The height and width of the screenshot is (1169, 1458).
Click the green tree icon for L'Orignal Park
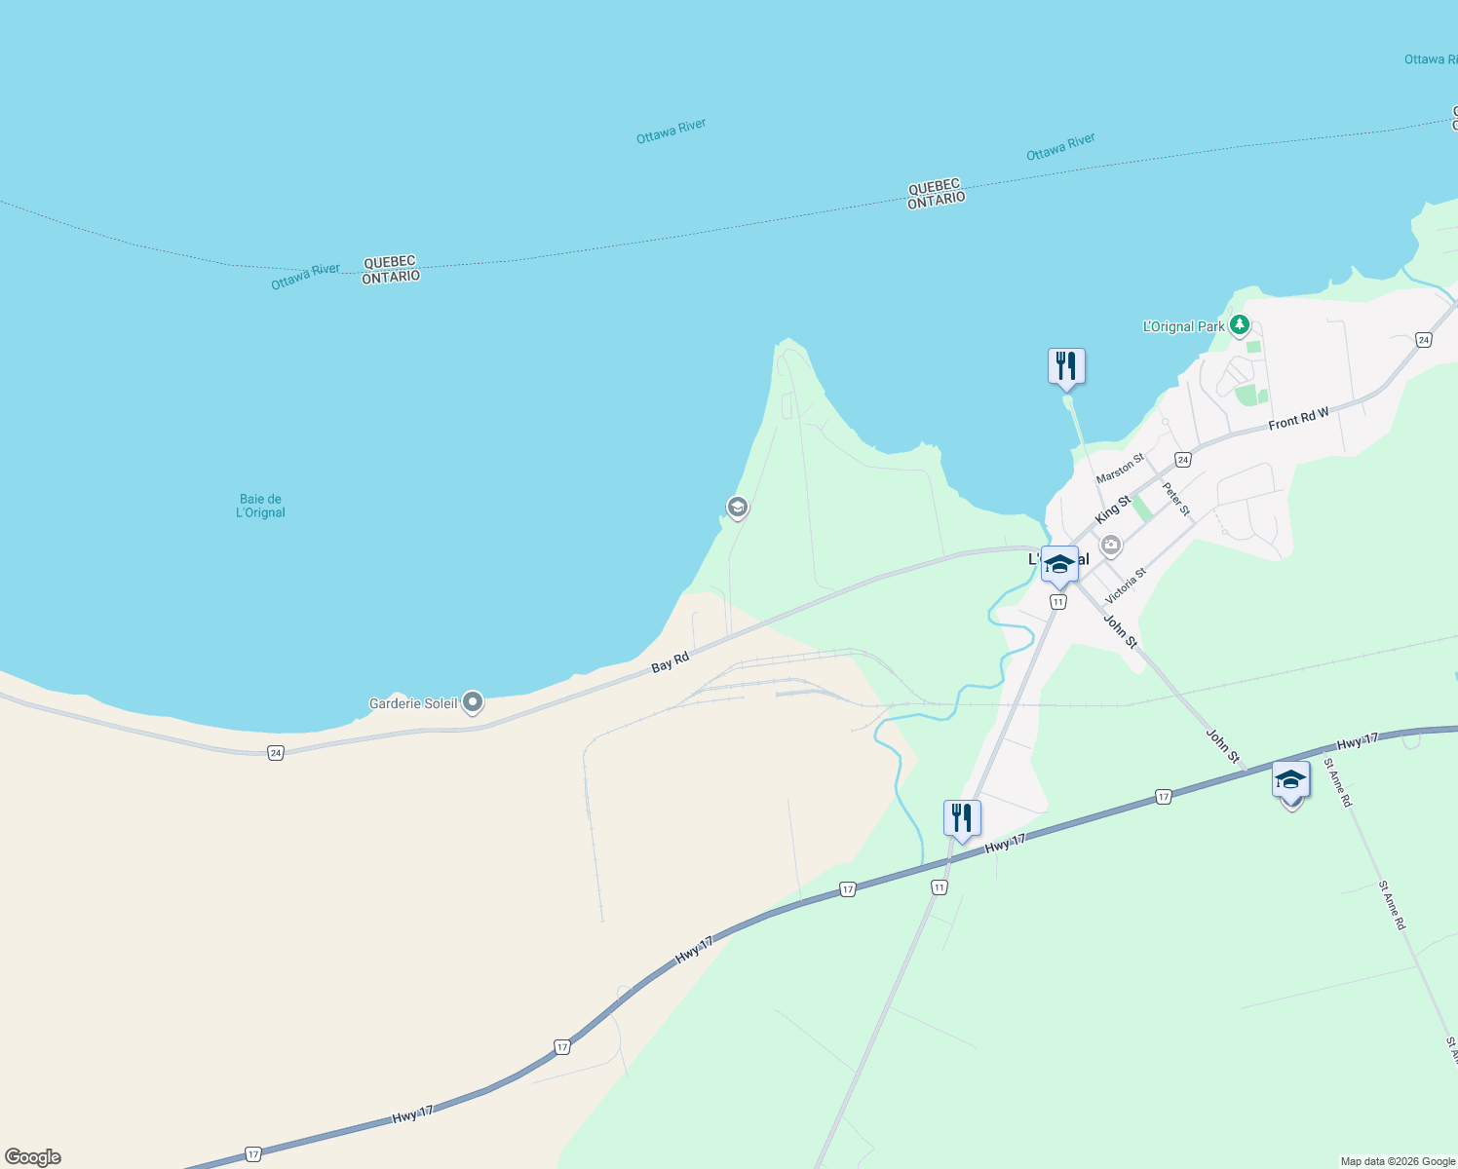[1239, 325]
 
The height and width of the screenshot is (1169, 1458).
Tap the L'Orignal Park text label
[1183, 326]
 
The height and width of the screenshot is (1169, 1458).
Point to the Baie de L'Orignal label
[260, 506]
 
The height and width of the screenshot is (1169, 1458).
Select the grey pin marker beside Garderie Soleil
[473, 701]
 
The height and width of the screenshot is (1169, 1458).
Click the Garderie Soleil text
[413, 703]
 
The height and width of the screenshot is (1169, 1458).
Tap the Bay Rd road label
[670, 662]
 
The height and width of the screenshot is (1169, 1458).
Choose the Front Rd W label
[1298, 420]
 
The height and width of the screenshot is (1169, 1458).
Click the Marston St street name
[1120, 469]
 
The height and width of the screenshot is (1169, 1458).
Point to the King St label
[1113, 508]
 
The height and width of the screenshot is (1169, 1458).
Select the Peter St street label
[1176, 499]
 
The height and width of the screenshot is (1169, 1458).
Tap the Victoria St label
[1126, 585]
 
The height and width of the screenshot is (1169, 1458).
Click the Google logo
[33, 1157]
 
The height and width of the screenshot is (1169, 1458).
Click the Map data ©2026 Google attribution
[1398, 1161]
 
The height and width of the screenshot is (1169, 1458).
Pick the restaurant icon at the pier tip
[1066, 366]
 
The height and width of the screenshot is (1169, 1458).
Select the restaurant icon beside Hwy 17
[962, 818]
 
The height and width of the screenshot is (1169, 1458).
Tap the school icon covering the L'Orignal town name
[1059, 564]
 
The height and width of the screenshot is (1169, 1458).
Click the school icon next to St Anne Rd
[1290, 780]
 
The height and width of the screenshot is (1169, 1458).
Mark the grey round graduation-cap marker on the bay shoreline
[737, 507]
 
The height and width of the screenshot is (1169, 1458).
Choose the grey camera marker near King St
[1110, 546]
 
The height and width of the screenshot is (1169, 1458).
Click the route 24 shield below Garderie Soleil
[276, 753]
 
